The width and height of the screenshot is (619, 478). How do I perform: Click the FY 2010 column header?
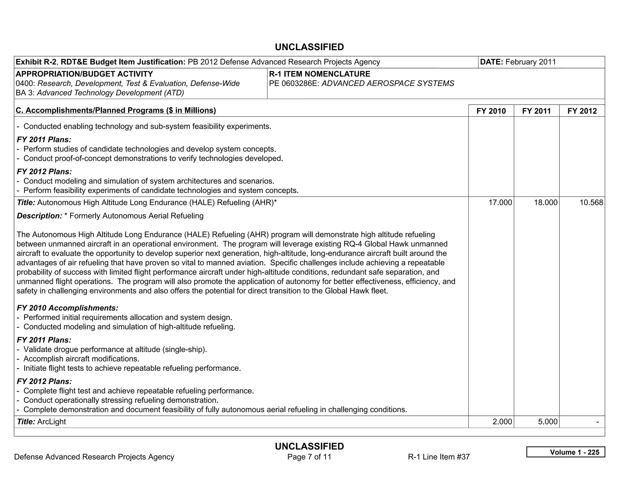(x=491, y=111)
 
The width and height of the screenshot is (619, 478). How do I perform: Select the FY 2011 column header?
(x=536, y=111)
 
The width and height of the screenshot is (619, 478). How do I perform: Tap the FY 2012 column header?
(x=582, y=111)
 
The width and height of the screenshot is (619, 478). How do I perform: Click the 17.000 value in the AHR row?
(x=500, y=202)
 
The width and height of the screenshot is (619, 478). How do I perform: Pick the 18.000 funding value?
(x=546, y=202)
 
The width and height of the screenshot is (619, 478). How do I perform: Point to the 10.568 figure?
(x=591, y=202)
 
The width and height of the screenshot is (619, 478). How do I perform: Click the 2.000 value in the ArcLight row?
(x=502, y=421)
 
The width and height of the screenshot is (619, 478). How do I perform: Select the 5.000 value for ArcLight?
(x=547, y=421)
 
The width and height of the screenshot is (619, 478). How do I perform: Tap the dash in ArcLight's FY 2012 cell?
(x=597, y=421)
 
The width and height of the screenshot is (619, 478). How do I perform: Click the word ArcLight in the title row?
(x=51, y=421)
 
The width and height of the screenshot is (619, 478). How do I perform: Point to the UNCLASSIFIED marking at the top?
(x=309, y=47)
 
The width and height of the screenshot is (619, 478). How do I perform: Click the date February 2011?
(x=530, y=62)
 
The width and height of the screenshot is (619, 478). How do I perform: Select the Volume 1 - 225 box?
(x=566, y=452)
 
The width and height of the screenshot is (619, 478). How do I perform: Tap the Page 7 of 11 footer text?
(x=309, y=457)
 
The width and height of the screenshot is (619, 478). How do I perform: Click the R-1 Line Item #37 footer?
(x=439, y=457)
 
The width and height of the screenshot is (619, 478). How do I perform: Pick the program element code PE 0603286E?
(x=294, y=83)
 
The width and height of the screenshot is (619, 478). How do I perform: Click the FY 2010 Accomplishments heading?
(x=67, y=308)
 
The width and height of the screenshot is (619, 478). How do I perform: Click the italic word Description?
(x=39, y=216)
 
